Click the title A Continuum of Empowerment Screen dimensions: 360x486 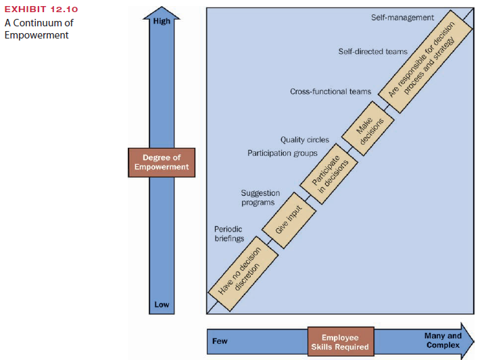coord(39,29)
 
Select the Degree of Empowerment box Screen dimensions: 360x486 coord(162,163)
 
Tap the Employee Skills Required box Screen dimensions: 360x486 coord(340,342)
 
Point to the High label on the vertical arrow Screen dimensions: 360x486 coord(162,21)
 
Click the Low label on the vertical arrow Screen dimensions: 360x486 coord(162,305)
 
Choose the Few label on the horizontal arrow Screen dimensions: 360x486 coord(220,341)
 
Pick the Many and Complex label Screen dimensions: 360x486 coord(443,340)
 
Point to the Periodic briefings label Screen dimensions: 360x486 coord(228,234)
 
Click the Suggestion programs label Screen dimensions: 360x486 coord(260,198)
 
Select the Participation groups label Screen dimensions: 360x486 coord(283,153)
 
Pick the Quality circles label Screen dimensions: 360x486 coord(305,140)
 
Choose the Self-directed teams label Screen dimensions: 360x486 coord(372,51)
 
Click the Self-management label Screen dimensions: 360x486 coord(402,17)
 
